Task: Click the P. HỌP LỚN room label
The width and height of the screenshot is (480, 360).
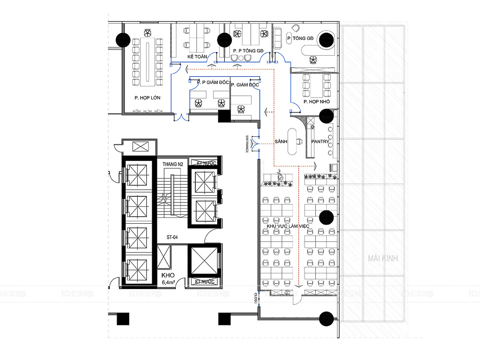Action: click(x=147, y=98)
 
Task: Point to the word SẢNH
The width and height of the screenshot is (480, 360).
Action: click(x=281, y=142)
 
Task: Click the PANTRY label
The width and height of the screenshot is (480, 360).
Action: click(x=320, y=142)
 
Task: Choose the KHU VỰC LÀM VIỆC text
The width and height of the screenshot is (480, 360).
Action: click(x=289, y=226)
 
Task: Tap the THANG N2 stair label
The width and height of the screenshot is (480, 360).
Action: click(x=173, y=165)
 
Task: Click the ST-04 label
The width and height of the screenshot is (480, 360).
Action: click(x=173, y=237)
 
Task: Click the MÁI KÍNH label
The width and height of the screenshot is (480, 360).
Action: click(x=383, y=258)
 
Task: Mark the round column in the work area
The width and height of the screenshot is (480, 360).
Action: click(x=327, y=217)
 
